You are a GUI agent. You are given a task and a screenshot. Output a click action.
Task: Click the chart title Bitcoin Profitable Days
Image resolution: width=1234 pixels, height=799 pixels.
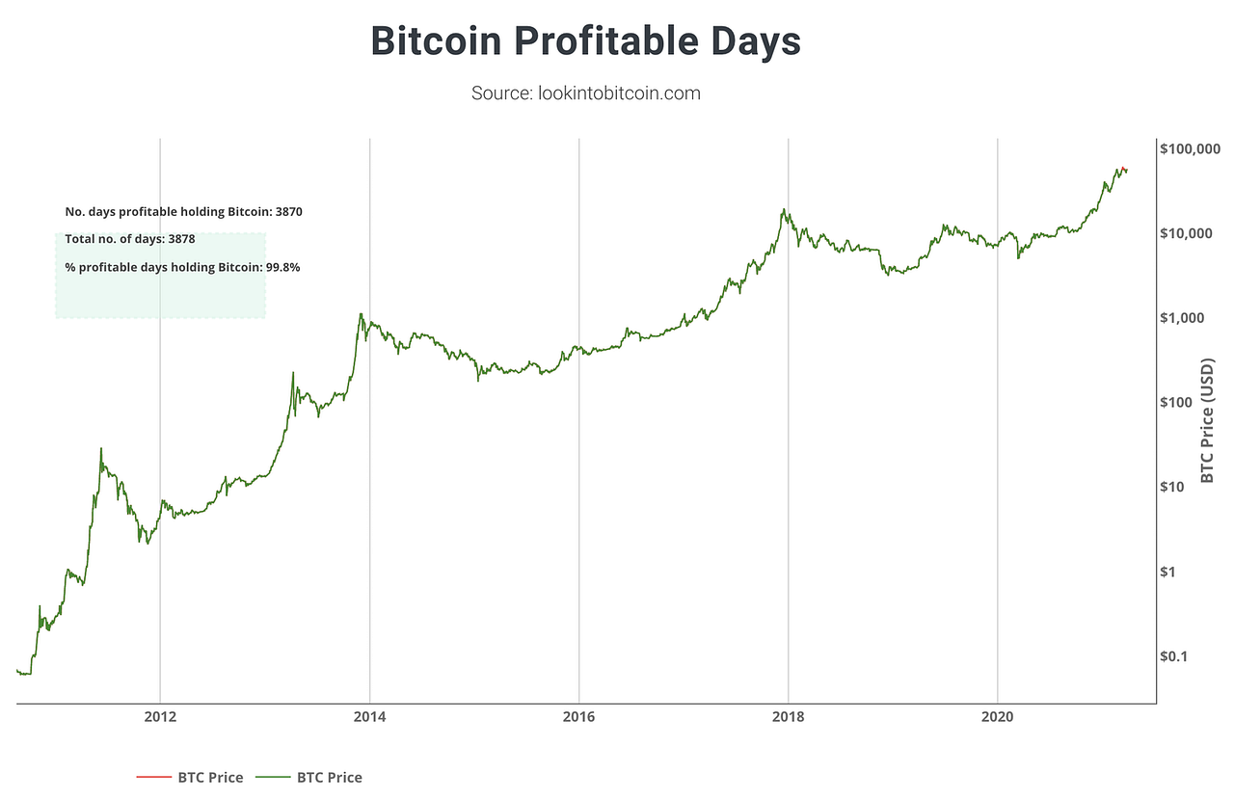point(585,41)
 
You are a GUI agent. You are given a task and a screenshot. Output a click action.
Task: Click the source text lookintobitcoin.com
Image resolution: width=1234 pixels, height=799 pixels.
point(585,93)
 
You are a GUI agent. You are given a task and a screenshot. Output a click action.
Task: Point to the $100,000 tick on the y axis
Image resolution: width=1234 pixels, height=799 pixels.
point(1191,148)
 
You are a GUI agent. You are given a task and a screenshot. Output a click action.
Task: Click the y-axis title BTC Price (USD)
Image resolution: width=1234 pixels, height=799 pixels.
point(1207,421)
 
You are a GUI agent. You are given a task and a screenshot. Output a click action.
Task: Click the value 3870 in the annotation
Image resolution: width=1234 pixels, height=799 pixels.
point(288,211)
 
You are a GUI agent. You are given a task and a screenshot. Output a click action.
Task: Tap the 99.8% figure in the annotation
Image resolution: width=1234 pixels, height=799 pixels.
point(282,267)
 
